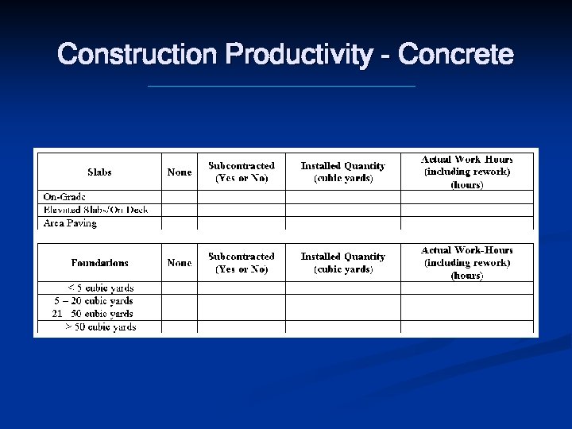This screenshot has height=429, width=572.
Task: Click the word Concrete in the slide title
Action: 455,55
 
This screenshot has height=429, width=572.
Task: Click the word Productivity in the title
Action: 299,55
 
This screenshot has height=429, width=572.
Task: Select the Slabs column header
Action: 99,172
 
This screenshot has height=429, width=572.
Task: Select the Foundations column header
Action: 99,262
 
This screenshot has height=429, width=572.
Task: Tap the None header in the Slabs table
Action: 180,172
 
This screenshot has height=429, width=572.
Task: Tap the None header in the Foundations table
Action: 180,262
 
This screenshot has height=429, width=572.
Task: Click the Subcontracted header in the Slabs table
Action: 242,172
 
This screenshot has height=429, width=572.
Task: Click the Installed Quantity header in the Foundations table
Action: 342,262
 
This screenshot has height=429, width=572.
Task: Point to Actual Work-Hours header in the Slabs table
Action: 467,172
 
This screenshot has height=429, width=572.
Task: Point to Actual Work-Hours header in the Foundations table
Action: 467,262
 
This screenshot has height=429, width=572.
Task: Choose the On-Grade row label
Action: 64,197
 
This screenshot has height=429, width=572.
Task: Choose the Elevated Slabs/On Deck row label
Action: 95,210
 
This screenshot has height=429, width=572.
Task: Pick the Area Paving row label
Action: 70,223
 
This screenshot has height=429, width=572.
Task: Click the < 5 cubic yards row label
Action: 100,288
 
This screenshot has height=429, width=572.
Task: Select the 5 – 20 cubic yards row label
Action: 94,301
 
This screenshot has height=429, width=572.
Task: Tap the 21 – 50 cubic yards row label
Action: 92,314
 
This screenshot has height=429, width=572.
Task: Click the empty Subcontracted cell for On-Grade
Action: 242,197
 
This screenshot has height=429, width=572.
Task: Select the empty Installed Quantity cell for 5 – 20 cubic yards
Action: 342,301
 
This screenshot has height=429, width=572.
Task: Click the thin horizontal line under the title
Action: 281,86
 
